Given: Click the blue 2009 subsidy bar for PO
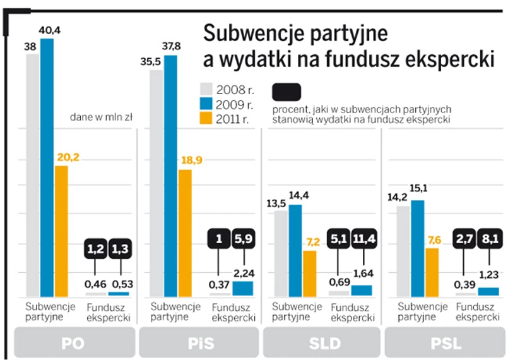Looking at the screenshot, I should coord(47,167).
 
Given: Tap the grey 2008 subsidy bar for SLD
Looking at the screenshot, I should coord(281,253).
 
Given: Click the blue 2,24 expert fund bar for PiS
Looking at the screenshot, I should coord(242,288).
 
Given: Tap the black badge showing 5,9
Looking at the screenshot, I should coord(242,239).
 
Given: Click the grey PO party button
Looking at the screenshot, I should coord(74,344).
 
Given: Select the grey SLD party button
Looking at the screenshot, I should coord(322,344).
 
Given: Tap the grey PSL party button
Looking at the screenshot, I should coord(446,344).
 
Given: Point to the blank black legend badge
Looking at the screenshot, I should coord(288,92).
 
